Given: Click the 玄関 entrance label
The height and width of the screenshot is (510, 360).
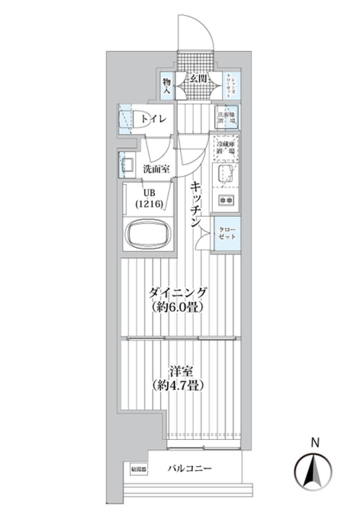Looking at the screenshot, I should point(198,79).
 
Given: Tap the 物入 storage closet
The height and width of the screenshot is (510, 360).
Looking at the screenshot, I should point(167,86).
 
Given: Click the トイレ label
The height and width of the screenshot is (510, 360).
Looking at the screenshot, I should point(154,119).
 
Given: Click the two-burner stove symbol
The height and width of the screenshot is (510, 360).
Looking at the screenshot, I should point(226,200).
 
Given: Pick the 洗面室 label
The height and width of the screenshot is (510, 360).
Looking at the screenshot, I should point(156,169).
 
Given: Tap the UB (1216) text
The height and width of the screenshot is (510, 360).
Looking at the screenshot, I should point(149,198).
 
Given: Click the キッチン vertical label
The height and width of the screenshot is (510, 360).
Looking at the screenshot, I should point(195,204).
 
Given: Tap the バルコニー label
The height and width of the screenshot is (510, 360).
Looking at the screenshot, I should point(190,468).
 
